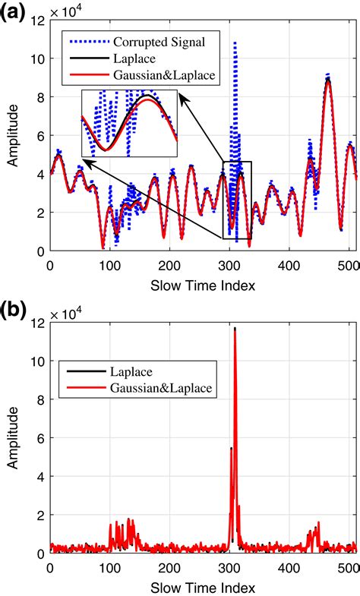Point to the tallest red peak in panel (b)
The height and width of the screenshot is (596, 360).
235,330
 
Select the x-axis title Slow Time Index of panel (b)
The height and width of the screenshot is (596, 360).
203,587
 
